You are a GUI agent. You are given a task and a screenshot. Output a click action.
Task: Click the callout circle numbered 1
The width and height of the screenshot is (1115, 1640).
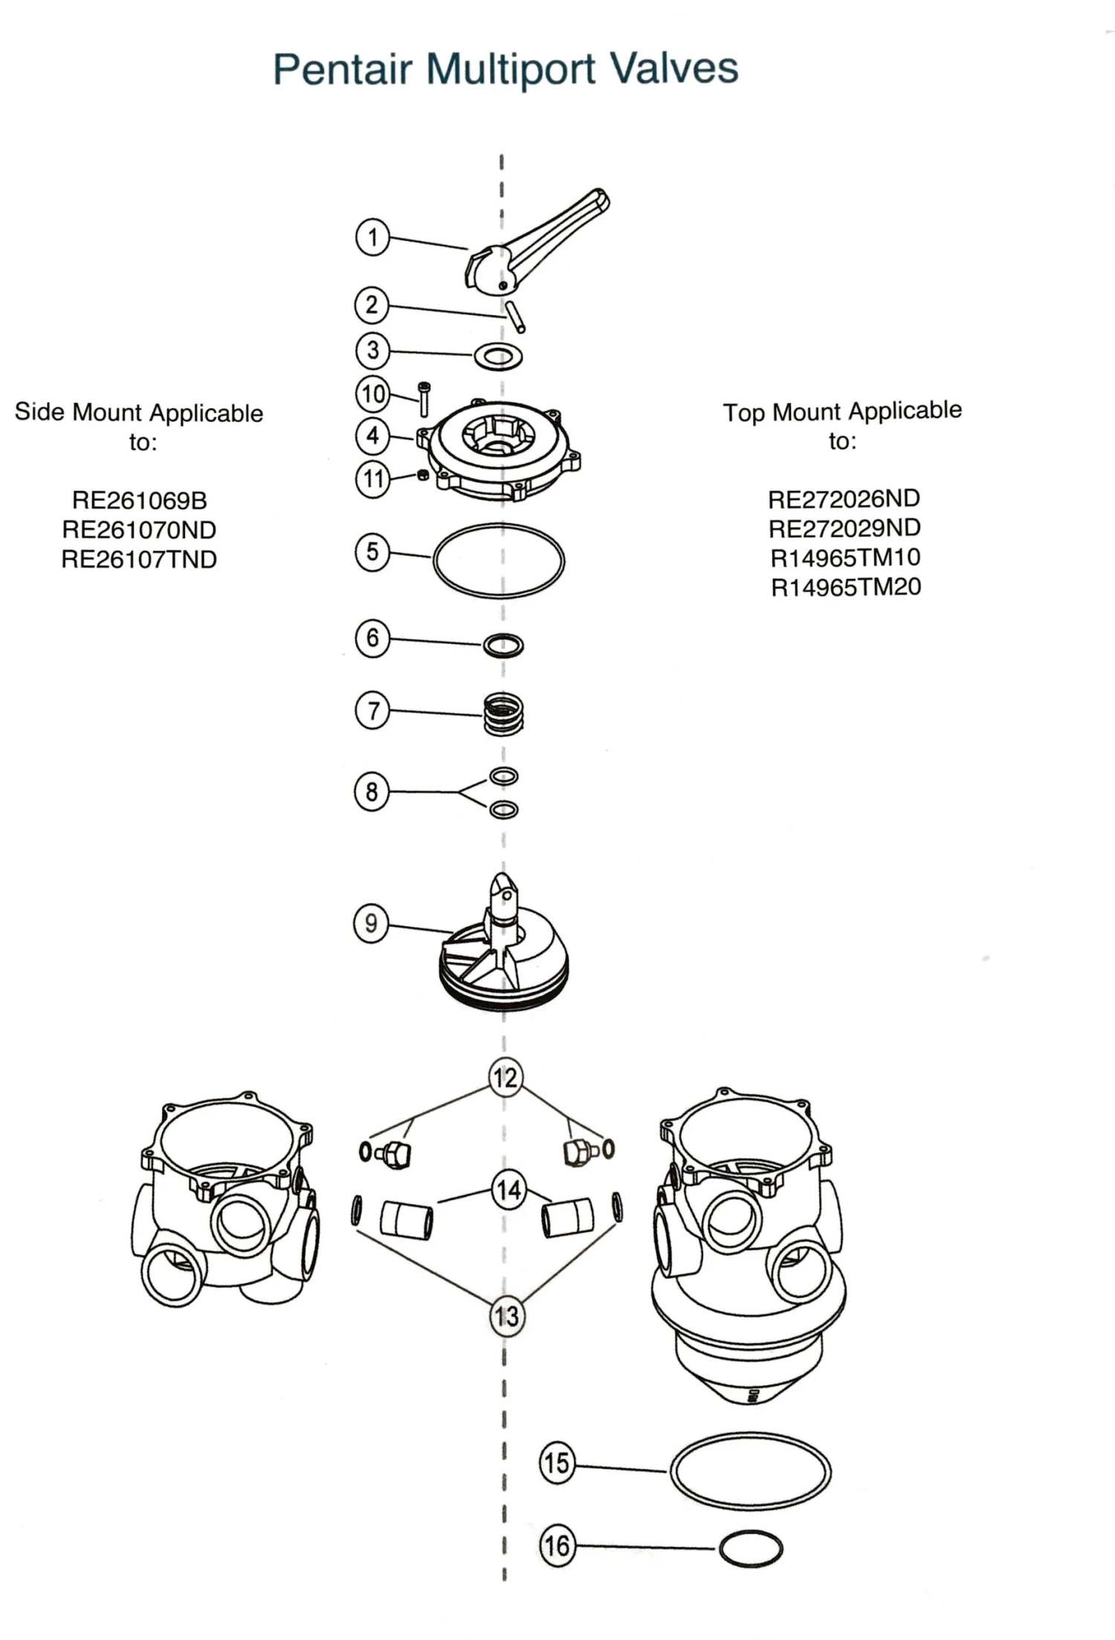372,238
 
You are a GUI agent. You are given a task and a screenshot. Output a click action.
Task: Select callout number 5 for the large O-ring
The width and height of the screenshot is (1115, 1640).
372,552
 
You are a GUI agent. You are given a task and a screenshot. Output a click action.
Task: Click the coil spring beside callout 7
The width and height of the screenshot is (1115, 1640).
503,714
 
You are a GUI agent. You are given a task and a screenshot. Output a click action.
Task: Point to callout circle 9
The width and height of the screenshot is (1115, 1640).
371,924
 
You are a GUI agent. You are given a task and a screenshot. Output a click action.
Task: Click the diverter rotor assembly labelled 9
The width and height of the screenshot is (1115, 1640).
504,959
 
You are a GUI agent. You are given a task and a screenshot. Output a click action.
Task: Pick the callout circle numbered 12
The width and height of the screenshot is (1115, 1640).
505,1077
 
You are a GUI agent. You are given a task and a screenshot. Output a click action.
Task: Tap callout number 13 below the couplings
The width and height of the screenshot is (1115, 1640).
506,1316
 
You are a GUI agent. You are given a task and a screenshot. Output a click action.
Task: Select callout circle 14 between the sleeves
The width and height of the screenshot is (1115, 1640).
508,1190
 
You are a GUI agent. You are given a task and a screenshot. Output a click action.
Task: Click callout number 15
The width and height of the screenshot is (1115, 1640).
557,1463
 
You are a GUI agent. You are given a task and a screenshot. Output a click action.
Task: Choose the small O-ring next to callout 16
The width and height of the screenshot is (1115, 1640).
751,1549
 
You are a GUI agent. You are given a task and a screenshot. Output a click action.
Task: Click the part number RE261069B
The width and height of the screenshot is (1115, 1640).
139,500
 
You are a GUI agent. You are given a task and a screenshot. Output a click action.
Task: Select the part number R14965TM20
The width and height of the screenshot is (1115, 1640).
846,587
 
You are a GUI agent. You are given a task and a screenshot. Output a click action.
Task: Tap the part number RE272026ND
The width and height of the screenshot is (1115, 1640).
844,498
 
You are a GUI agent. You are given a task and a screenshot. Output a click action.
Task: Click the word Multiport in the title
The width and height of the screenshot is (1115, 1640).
510,69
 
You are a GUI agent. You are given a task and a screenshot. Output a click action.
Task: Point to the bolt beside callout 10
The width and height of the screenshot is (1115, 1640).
424,399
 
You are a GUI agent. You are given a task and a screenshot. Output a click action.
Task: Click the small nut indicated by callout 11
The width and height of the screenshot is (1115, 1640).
423,474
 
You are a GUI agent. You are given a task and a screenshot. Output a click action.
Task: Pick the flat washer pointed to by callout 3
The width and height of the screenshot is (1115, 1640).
498,356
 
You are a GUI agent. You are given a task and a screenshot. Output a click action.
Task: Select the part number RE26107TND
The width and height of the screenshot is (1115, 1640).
139,559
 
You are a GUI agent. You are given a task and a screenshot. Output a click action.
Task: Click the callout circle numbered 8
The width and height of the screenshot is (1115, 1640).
372,792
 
